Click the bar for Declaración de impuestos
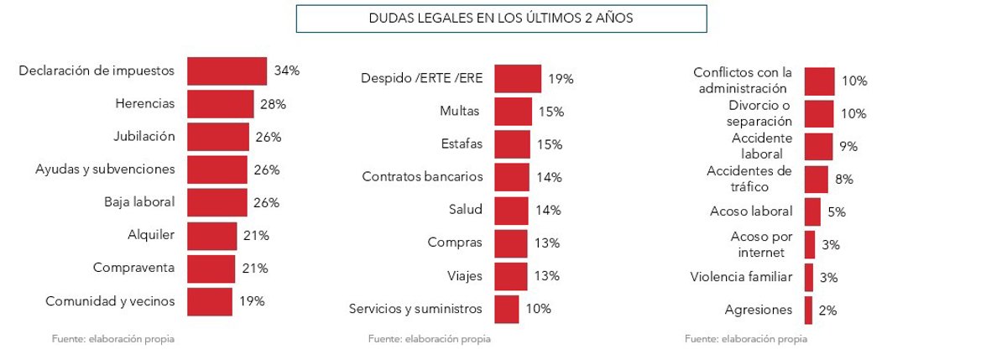pyautogui.click(x=227, y=71)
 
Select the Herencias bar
pyautogui.click(x=220, y=104)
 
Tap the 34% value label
pyautogui.click(x=287, y=71)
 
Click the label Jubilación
pyautogui.click(x=144, y=137)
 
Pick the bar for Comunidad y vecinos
pyautogui.click(x=210, y=301)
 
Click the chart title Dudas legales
pyautogui.click(x=501, y=18)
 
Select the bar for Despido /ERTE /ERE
pyautogui.click(x=518, y=79)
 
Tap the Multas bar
pyautogui.click(x=513, y=112)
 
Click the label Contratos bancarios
pyautogui.click(x=422, y=177)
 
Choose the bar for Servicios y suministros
pyautogui.click(x=507, y=309)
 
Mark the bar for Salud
pyautogui.click(x=511, y=210)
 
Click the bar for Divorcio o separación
pyautogui.click(x=819, y=114)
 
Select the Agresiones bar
pyautogui.click(x=808, y=310)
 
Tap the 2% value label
pyautogui.click(x=827, y=310)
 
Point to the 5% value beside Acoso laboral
pyautogui.click(x=836, y=212)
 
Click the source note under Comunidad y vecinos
pyautogui.click(x=113, y=339)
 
